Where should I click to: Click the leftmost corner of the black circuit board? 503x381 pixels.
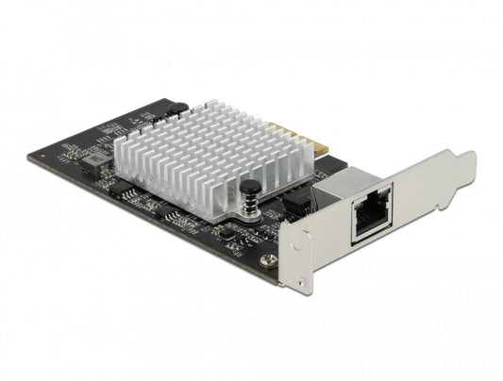pyautogui.click(x=29, y=156)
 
